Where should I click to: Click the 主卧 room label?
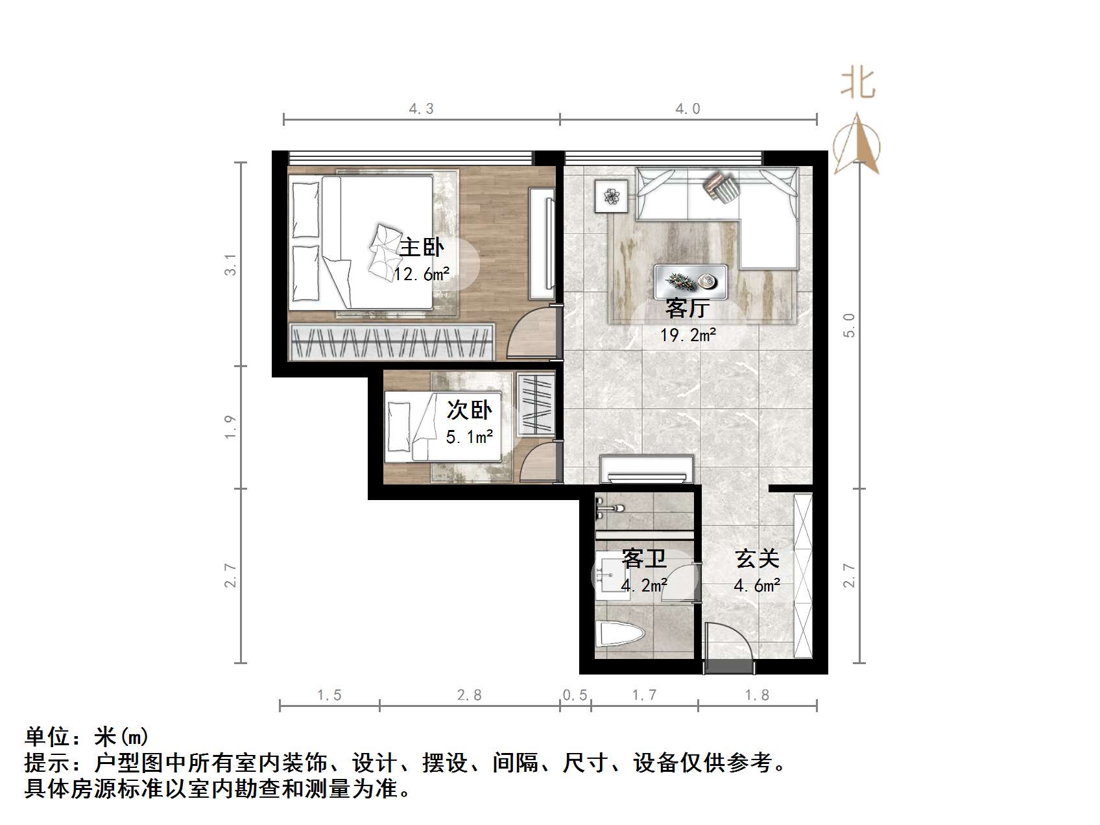click(x=422, y=248)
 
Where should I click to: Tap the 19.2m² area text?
click(x=687, y=335)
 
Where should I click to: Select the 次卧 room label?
click(x=469, y=410)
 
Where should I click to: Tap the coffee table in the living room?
click(x=690, y=281)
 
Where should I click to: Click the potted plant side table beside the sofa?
click(x=611, y=195)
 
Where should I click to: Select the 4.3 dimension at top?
click(x=421, y=109)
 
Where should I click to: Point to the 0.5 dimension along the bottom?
click(x=575, y=695)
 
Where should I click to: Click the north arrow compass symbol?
click(x=856, y=145)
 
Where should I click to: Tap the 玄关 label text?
click(x=756, y=558)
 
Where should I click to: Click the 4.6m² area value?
click(x=756, y=586)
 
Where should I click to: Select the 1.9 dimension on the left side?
click(x=230, y=427)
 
